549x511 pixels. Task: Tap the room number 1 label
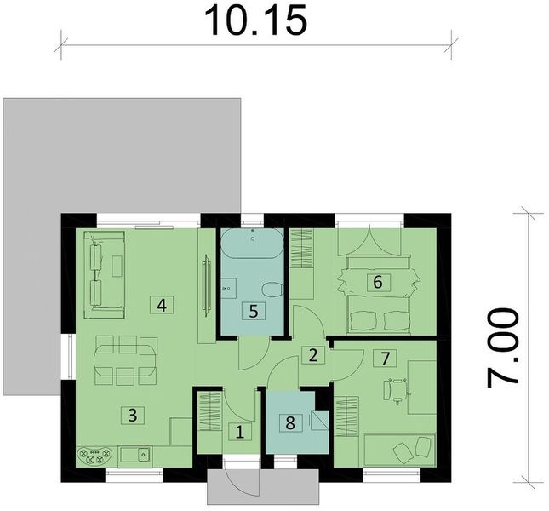tap(239, 433)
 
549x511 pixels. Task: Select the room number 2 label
tap(313, 356)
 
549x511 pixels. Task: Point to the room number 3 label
tap(131, 416)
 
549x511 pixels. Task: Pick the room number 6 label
tap(376, 282)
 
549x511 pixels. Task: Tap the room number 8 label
tap(291, 421)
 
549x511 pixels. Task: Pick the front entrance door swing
tap(241, 481)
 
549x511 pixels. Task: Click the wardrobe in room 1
tap(209, 416)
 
